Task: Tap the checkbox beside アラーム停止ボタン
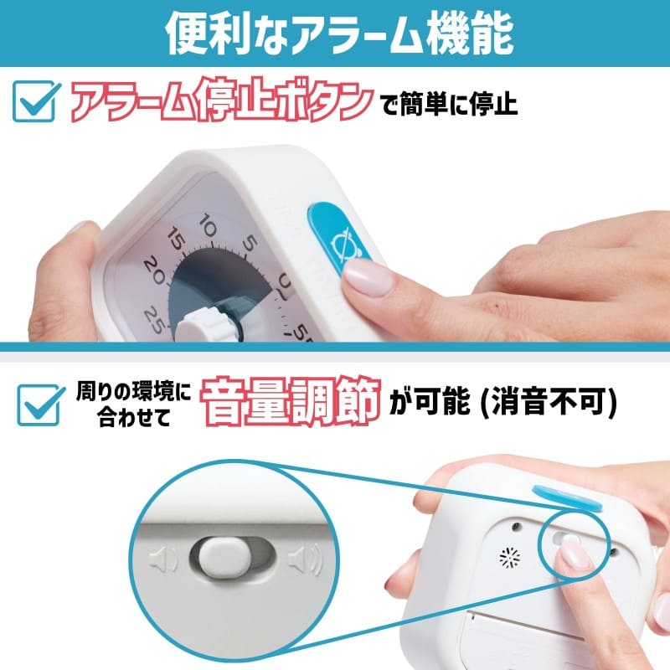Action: [x=37, y=104]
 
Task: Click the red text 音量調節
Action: [x=290, y=399]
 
